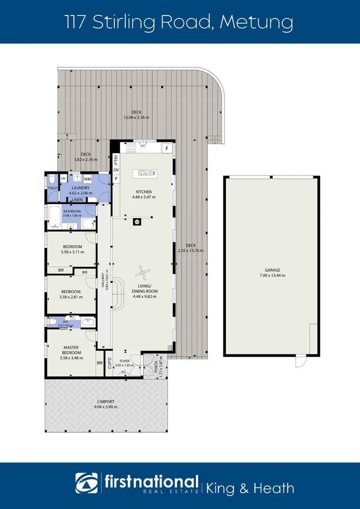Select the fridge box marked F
166,148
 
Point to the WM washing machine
87,179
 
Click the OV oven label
115,170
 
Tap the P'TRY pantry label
115,160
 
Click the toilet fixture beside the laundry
52,180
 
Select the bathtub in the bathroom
54,217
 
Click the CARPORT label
106,402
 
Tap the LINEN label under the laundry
77,200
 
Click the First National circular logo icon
87,484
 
